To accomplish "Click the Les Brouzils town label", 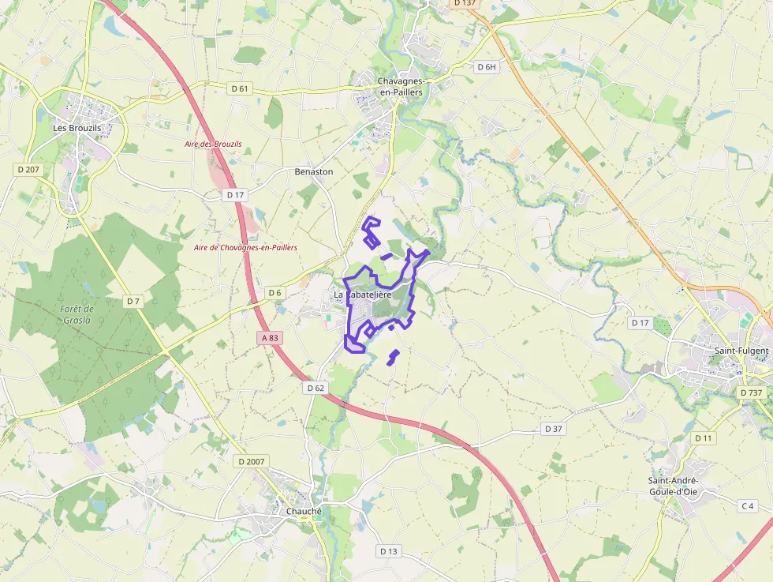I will click(77, 127).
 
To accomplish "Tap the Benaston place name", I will click(314, 171).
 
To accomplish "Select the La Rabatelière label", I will click(363, 295).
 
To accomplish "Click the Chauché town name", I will click(304, 511).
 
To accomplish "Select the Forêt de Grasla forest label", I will click(77, 314).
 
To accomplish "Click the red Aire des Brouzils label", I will click(213, 144).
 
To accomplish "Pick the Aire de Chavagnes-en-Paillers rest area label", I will click(245, 247).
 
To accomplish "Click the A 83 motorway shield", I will click(269, 337).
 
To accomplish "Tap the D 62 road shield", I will click(315, 388).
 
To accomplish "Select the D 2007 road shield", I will click(252, 460).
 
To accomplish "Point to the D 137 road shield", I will click(465, 3).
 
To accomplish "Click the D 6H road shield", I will click(487, 67).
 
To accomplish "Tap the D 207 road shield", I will click(28, 169).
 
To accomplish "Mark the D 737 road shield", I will click(752, 392).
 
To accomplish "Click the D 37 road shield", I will click(554, 428).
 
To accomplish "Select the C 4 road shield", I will click(746, 505).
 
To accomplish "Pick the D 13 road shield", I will click(388, 550).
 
